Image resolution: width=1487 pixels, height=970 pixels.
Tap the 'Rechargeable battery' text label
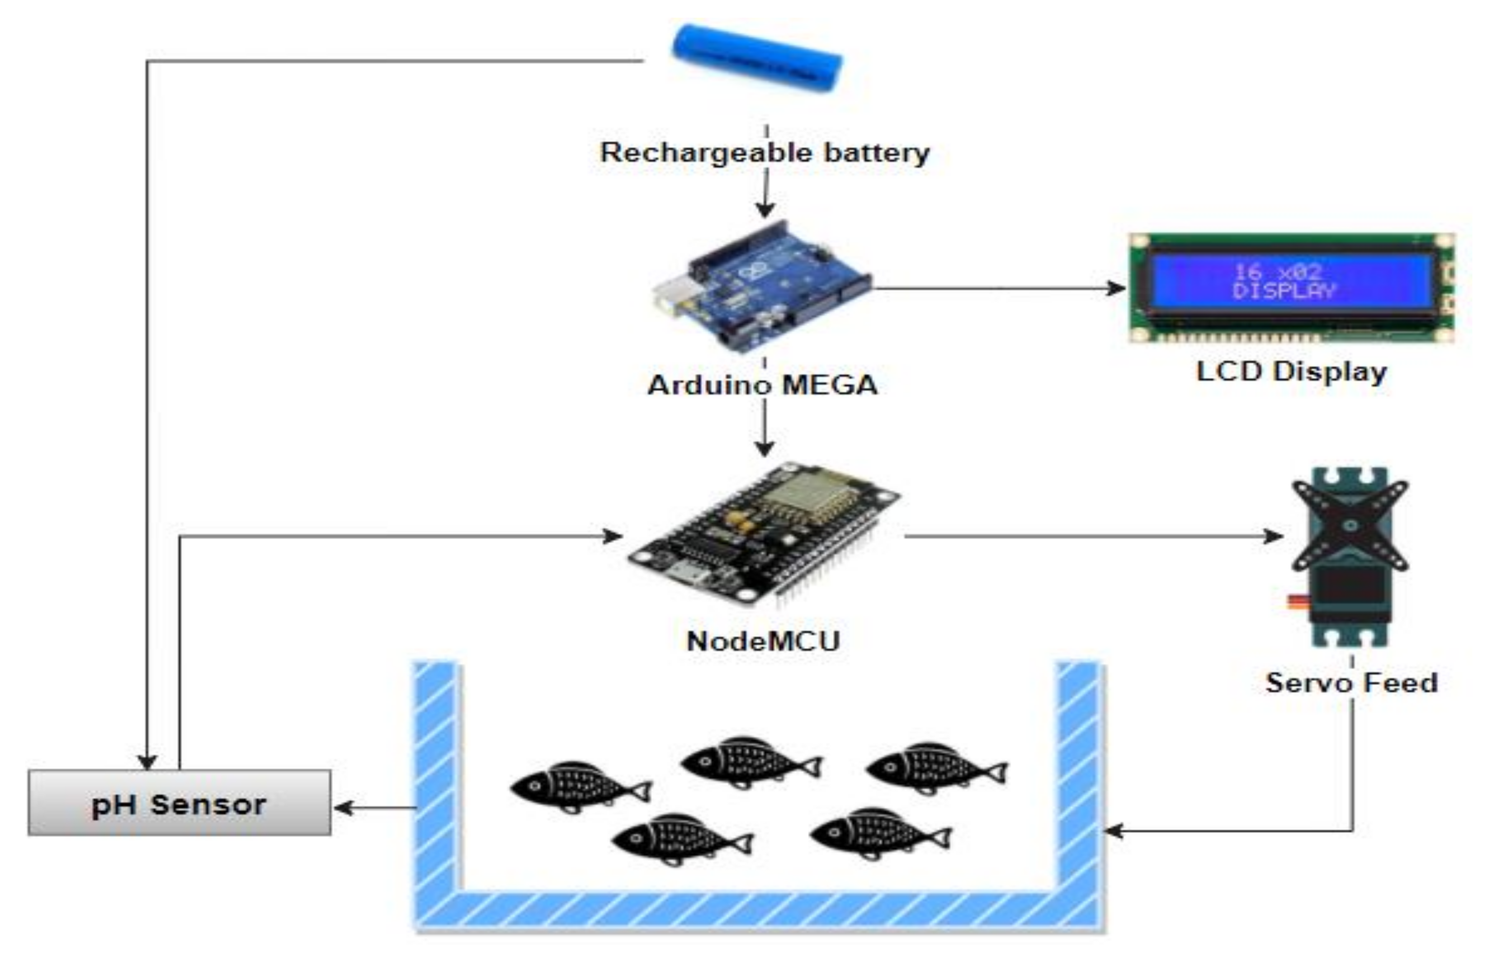(765, 152)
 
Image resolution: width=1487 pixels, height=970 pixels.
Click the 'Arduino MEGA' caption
(762, 385)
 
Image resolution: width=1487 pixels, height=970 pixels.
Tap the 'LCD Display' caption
(1291, 371)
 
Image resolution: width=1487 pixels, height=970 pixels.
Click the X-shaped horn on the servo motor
(1350, 525)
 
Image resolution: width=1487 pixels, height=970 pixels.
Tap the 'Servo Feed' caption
(1351, 682)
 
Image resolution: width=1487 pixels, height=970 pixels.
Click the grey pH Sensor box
(179, 803)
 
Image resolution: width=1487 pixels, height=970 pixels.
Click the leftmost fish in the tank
(580, 786)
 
